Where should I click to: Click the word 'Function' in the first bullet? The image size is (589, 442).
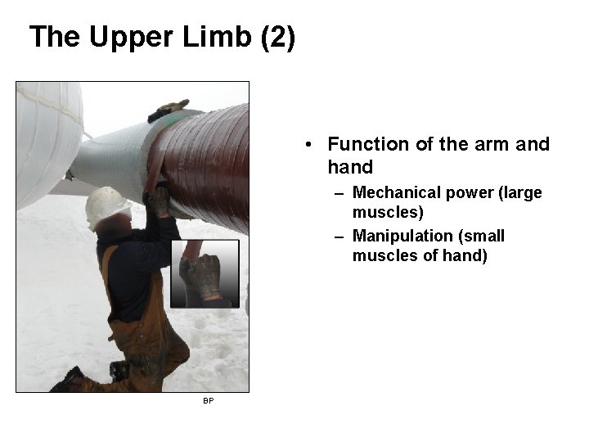click(x=367, y=145)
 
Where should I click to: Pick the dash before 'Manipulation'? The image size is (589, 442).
click(x=339, y=236)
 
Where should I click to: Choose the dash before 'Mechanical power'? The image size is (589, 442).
click(x=339, y=193)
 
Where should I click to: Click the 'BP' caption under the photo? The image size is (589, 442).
click(x=209, y=401)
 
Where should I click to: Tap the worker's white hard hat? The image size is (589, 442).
click(x=106, y=205)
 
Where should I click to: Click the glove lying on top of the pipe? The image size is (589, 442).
click(x=168, y=109)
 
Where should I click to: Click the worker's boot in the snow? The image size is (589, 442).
click(x=70, y=380)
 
